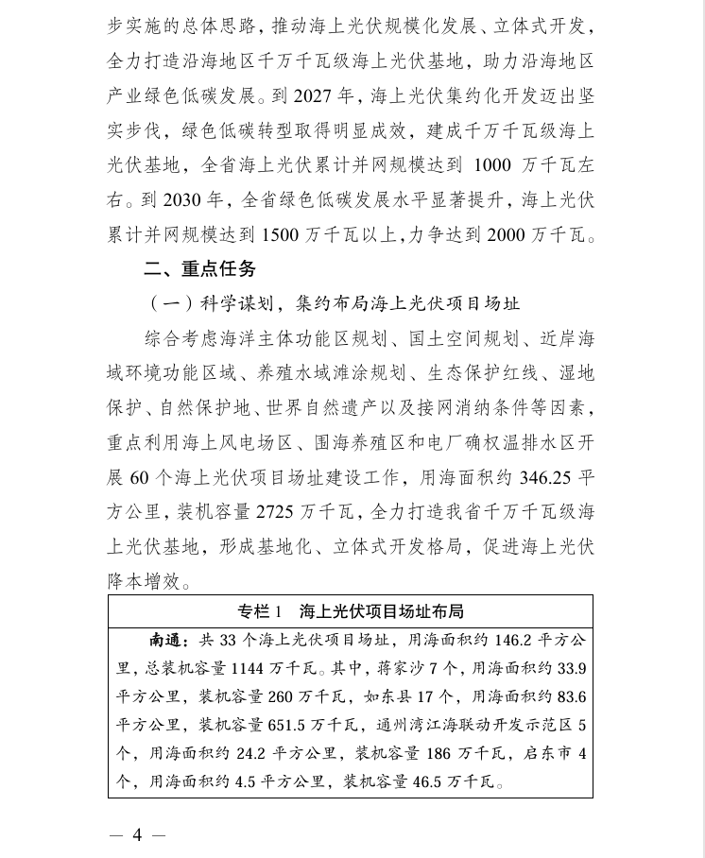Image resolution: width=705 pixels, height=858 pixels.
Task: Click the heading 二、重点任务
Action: point(199,270)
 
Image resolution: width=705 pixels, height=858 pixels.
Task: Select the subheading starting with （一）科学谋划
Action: point(335,304)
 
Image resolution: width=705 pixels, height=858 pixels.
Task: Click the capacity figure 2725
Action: point(283,512)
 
